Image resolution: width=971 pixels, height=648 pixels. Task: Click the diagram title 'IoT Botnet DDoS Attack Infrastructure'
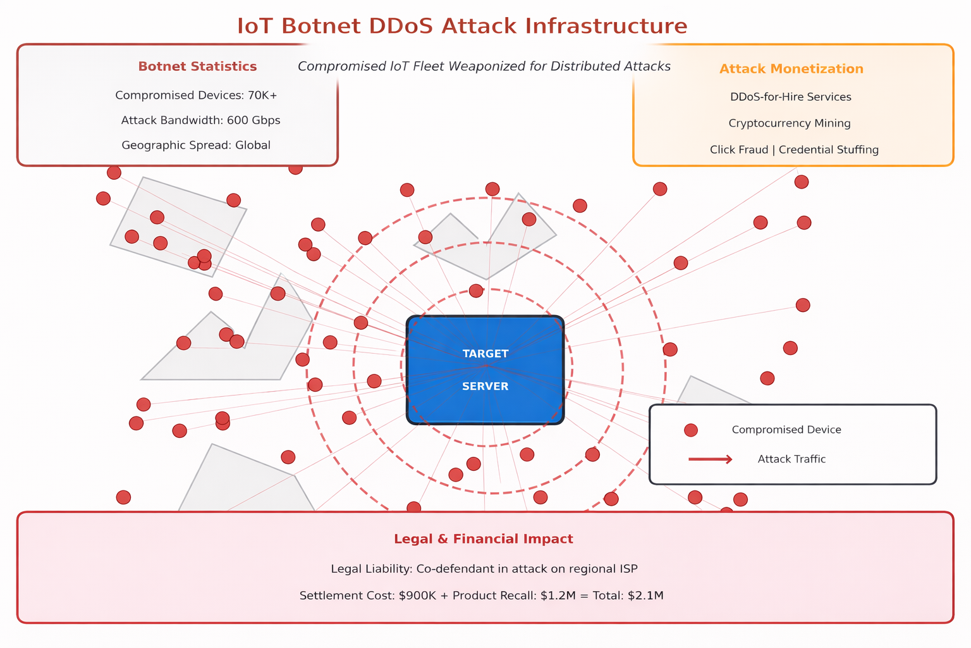[x=462, y=27]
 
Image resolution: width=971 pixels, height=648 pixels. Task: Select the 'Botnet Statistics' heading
[x=197, y=66]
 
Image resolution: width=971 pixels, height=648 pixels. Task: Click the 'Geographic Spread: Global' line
[x=196, y=146]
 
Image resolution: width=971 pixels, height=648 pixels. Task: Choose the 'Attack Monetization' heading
[x=791, y=69]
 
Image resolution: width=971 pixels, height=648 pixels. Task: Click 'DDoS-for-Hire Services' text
[x=790, y=97]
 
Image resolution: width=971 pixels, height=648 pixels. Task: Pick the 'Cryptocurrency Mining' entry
[x=789, y=123]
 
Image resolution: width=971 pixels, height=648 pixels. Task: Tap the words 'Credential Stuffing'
[x=828, y=150]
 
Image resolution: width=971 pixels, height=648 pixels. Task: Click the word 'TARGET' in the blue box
[x=485, y=354]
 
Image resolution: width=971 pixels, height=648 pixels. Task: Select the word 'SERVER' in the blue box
[x=485, y=387]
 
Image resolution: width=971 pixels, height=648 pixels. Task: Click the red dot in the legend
[x=691, y=430]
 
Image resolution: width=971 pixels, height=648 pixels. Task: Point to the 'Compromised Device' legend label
[x=786, y=430]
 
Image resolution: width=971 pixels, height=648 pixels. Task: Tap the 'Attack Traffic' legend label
[x=791, y=459]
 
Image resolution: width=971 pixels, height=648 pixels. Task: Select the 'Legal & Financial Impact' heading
[x=484, y=539]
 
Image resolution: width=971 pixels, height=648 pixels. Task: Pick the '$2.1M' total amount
[x=645, y=595]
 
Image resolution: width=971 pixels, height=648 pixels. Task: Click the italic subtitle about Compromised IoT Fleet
[x=484, y=66]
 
